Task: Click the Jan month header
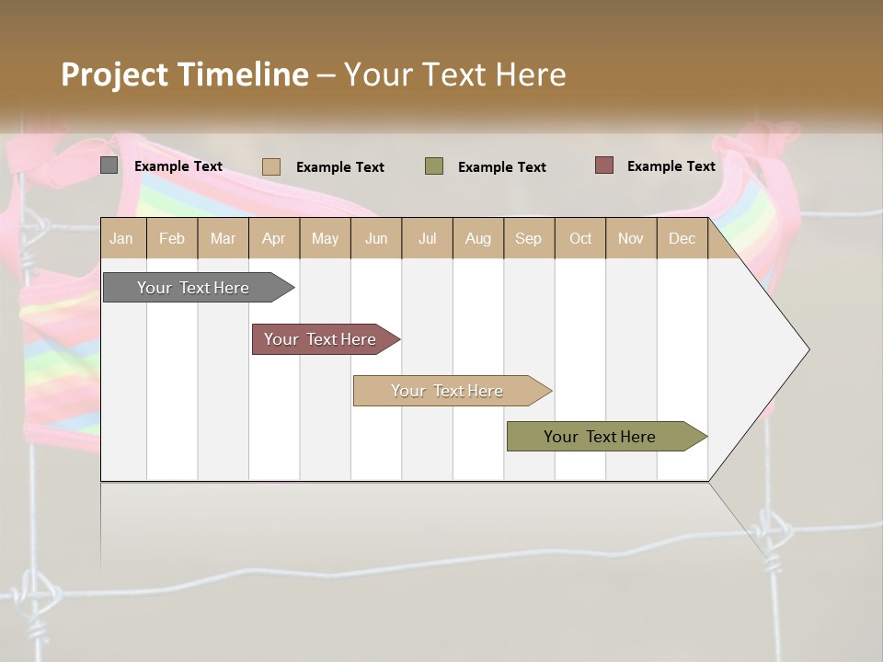coord(122,239)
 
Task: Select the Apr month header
coord(274,239)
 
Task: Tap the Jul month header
coord(427,239)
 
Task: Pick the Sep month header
coord(529,239)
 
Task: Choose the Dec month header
coord(682,239)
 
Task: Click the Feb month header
coord(172,239)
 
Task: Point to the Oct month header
coord(580,239)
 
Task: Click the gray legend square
coord(109,165)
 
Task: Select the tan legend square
coord(271,166)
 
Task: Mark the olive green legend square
coord(434,166)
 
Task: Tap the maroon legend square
coord(603,165)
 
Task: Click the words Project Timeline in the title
coord(184,74)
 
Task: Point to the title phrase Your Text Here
coord(454,74)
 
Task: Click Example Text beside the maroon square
coord(671,166)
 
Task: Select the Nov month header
coord(631,239)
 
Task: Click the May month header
coord(325,239)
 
